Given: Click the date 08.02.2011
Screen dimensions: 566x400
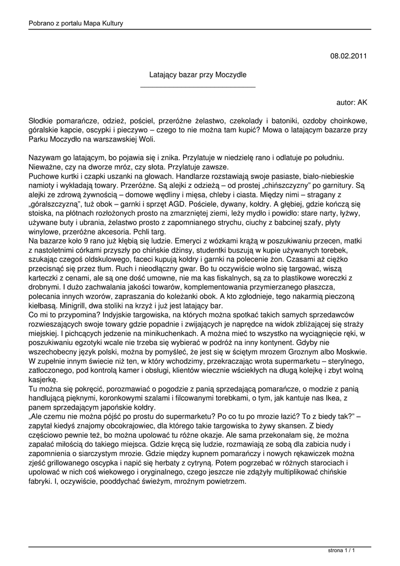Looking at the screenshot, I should [349, 56].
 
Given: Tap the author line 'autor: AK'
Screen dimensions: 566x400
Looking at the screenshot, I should [351, 102].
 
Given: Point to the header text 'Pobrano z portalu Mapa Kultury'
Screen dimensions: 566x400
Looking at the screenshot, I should [76, 23].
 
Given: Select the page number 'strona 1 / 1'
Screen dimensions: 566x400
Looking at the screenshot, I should [340, 551].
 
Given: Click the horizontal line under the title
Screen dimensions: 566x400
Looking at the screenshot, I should [198, 87].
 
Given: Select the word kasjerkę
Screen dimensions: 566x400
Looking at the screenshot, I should [42, 380].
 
